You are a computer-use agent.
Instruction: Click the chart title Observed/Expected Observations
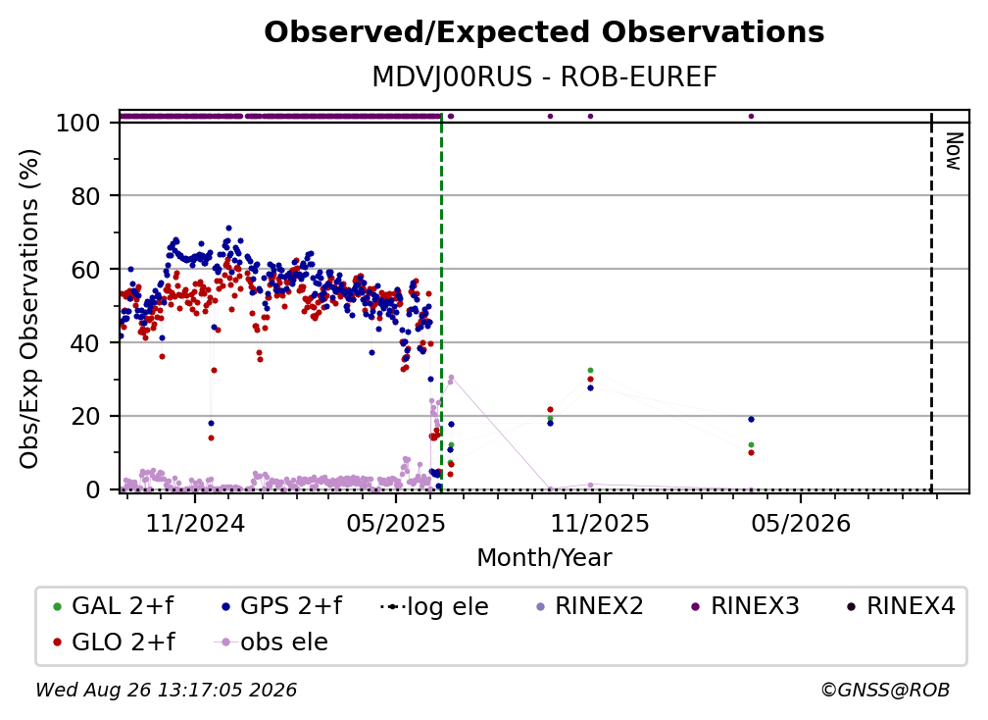click(544, 32)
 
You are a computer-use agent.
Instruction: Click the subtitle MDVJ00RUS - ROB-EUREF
click(544, 77)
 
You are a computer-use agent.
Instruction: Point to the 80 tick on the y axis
click(86, 196)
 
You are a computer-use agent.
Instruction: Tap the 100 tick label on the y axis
click(78, 123)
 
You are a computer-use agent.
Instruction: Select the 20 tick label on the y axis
click(86, 416)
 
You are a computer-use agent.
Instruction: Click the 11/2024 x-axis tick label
click(195, 523)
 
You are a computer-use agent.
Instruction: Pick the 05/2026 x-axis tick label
click(801, 523)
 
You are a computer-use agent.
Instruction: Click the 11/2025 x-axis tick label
click(600, 523)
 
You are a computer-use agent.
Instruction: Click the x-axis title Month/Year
click(544, 558)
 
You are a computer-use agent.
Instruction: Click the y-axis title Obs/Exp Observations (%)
click(29, 309)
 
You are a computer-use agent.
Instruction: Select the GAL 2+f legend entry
click(114, 606)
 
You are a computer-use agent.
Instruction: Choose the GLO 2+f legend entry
click(114, 643)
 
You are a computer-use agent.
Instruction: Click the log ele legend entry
click(435, 607)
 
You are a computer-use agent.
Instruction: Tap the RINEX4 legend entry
click(901, 606)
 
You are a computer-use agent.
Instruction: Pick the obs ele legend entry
click(272, 643)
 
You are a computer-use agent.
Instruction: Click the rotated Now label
click(955, 151)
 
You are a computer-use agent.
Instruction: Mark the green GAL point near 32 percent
click(590, 371)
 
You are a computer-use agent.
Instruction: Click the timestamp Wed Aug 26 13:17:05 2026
click(166, 690)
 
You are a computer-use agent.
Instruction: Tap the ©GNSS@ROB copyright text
click(885, 690)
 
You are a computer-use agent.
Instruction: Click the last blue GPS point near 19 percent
click(751, 419)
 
